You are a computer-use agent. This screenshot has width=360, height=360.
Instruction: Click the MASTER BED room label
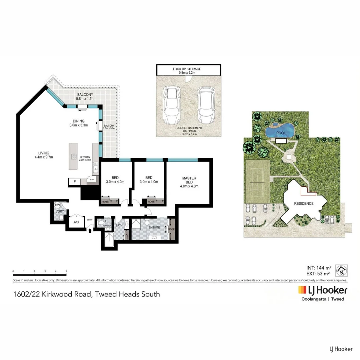[189, 182]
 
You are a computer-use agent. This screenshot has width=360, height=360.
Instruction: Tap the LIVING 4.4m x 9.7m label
[44, 155]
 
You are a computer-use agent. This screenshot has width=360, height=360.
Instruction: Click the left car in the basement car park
[171, 105]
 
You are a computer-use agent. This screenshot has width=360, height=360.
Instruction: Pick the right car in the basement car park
[205, 105]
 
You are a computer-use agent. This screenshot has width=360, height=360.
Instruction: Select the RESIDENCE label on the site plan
[303, 203]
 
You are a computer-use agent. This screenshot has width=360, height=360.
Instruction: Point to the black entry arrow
[90, 230]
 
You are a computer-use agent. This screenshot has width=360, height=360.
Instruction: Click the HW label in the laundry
[57, 205]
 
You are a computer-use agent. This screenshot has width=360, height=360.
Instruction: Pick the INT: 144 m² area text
[318, 268]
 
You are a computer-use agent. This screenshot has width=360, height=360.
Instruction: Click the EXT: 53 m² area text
[318, 274]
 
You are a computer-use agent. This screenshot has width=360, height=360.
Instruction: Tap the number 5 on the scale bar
[67, 272]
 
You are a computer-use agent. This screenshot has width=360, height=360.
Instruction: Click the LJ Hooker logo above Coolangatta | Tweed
[323, 290]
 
